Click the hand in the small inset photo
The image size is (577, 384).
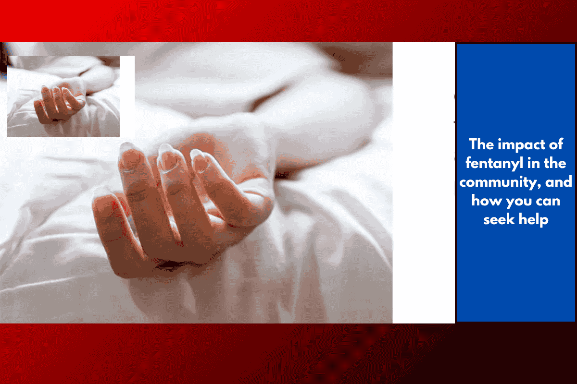[x=59, y=103]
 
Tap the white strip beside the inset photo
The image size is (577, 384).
[x=127, y=96]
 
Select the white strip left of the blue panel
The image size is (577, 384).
[x=424, y=182]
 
